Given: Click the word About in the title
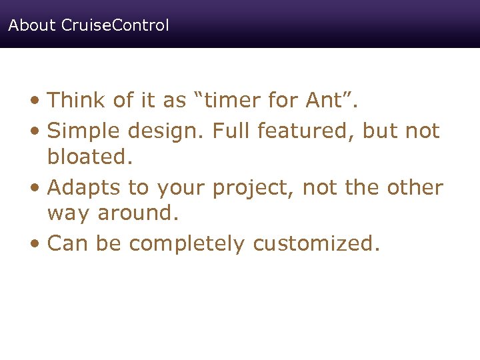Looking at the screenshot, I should pos(32,26).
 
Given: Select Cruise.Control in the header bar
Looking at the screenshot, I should pos(115,26).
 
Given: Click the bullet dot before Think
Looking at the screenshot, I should pos(36,102).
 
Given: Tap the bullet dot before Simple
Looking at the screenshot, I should pos(36,132).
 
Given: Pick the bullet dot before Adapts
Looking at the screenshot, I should pos(36,189).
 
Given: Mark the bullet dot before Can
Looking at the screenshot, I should pos(36,245).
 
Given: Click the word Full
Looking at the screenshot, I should pos(233,131).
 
